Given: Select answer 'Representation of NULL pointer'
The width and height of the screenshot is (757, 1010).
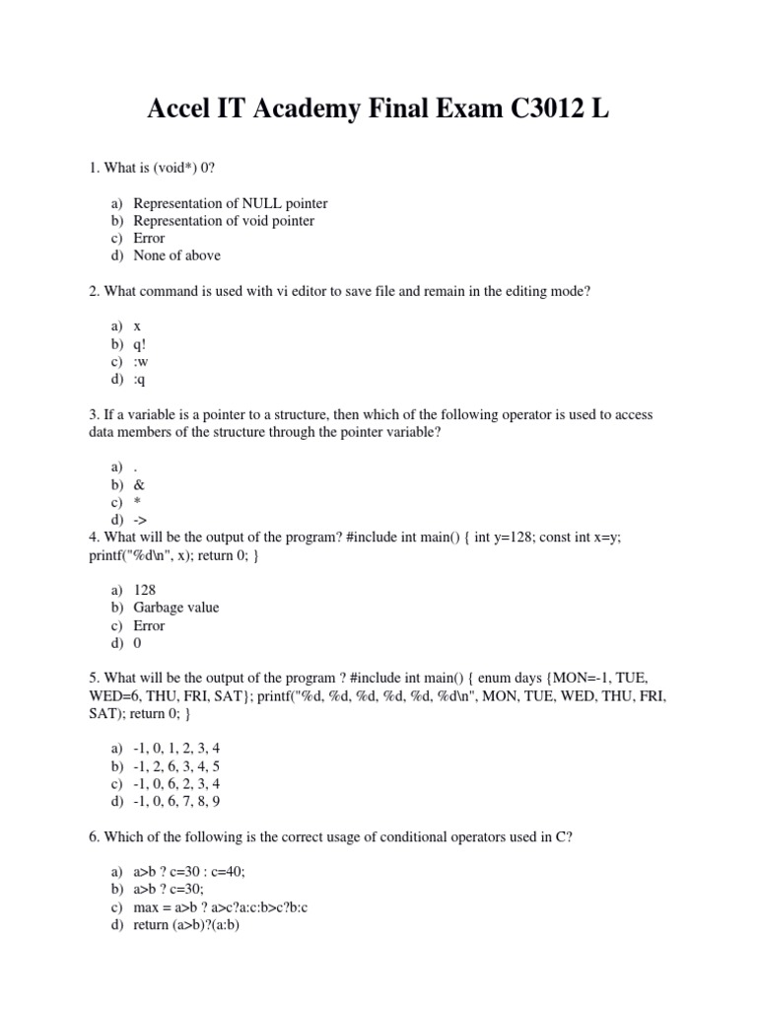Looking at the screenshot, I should [x=230, y=203].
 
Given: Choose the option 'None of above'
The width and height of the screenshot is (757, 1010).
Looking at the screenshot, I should [x=176, y=255].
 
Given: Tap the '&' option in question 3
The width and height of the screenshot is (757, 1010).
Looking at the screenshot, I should [x=139, y=484].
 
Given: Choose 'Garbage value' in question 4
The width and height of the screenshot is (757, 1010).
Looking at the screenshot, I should [x=175, y=608].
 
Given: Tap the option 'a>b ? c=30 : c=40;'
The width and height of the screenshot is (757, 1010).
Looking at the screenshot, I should [x=189, y=872].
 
